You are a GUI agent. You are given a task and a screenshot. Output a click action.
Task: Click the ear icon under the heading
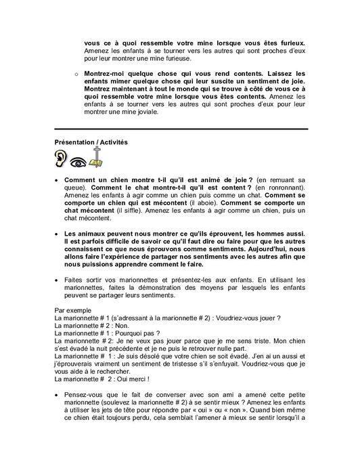click(62, 161)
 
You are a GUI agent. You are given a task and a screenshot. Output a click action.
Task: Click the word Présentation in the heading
click(76, 142)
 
